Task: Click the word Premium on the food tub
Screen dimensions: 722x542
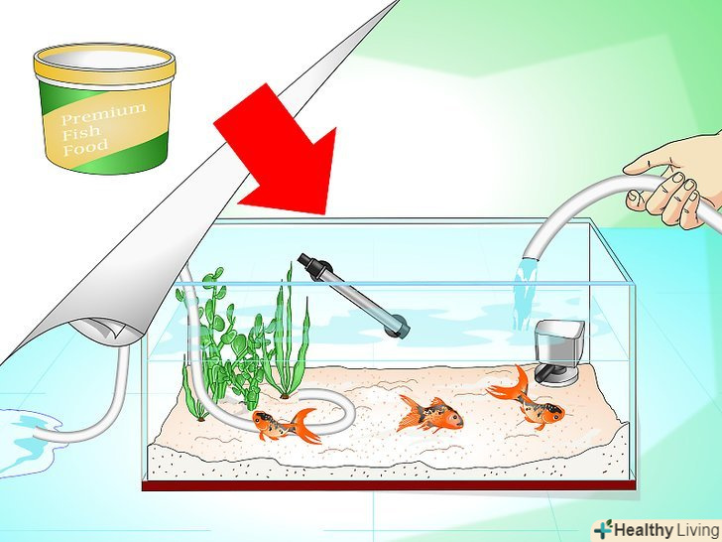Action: [103, 114]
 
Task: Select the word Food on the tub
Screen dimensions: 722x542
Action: [85, 148]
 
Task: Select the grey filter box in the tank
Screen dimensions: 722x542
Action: [558, 352]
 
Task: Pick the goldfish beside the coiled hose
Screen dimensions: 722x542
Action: [287, 425]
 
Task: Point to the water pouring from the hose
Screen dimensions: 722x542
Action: [525, 293]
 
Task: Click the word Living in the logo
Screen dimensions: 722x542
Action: [696, 529]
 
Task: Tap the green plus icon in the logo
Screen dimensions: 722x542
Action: [603, 529]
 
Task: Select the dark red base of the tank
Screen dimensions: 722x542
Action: [390, 485]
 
